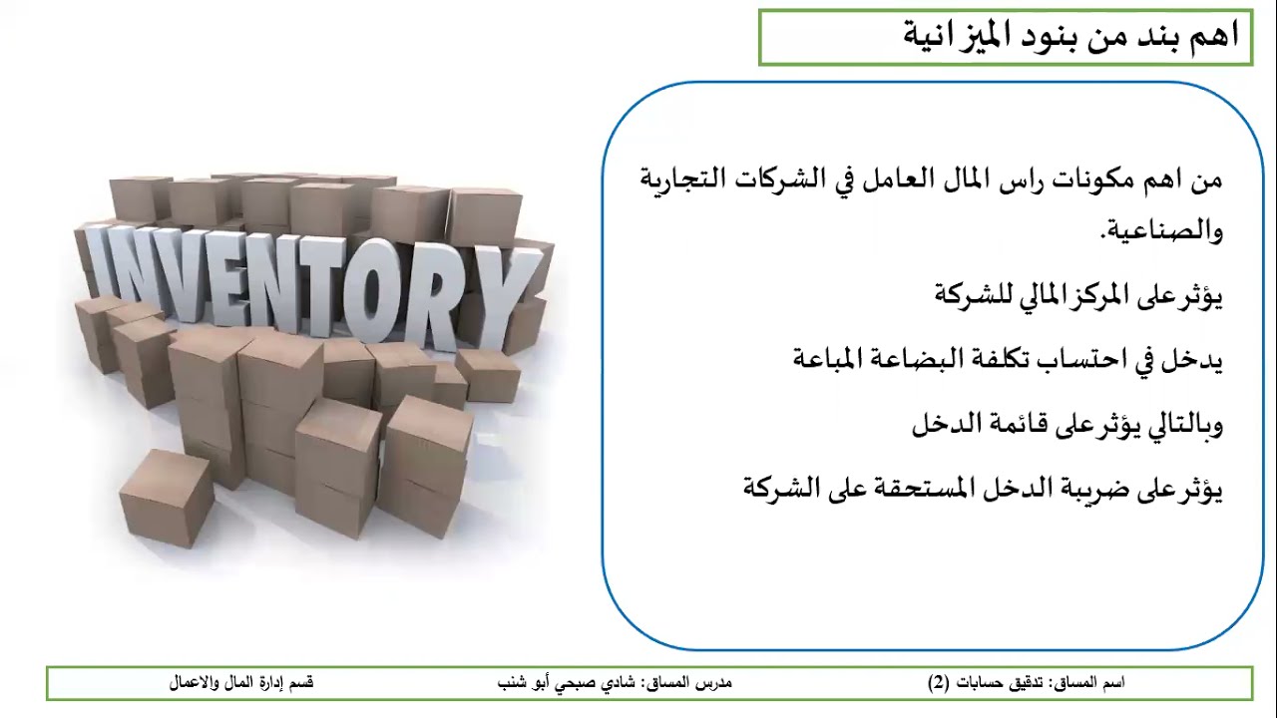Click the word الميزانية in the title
tap(957, 35)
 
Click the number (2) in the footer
tap(939, 683)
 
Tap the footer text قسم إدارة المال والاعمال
tap(241, 683)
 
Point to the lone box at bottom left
tap(166, 498)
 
